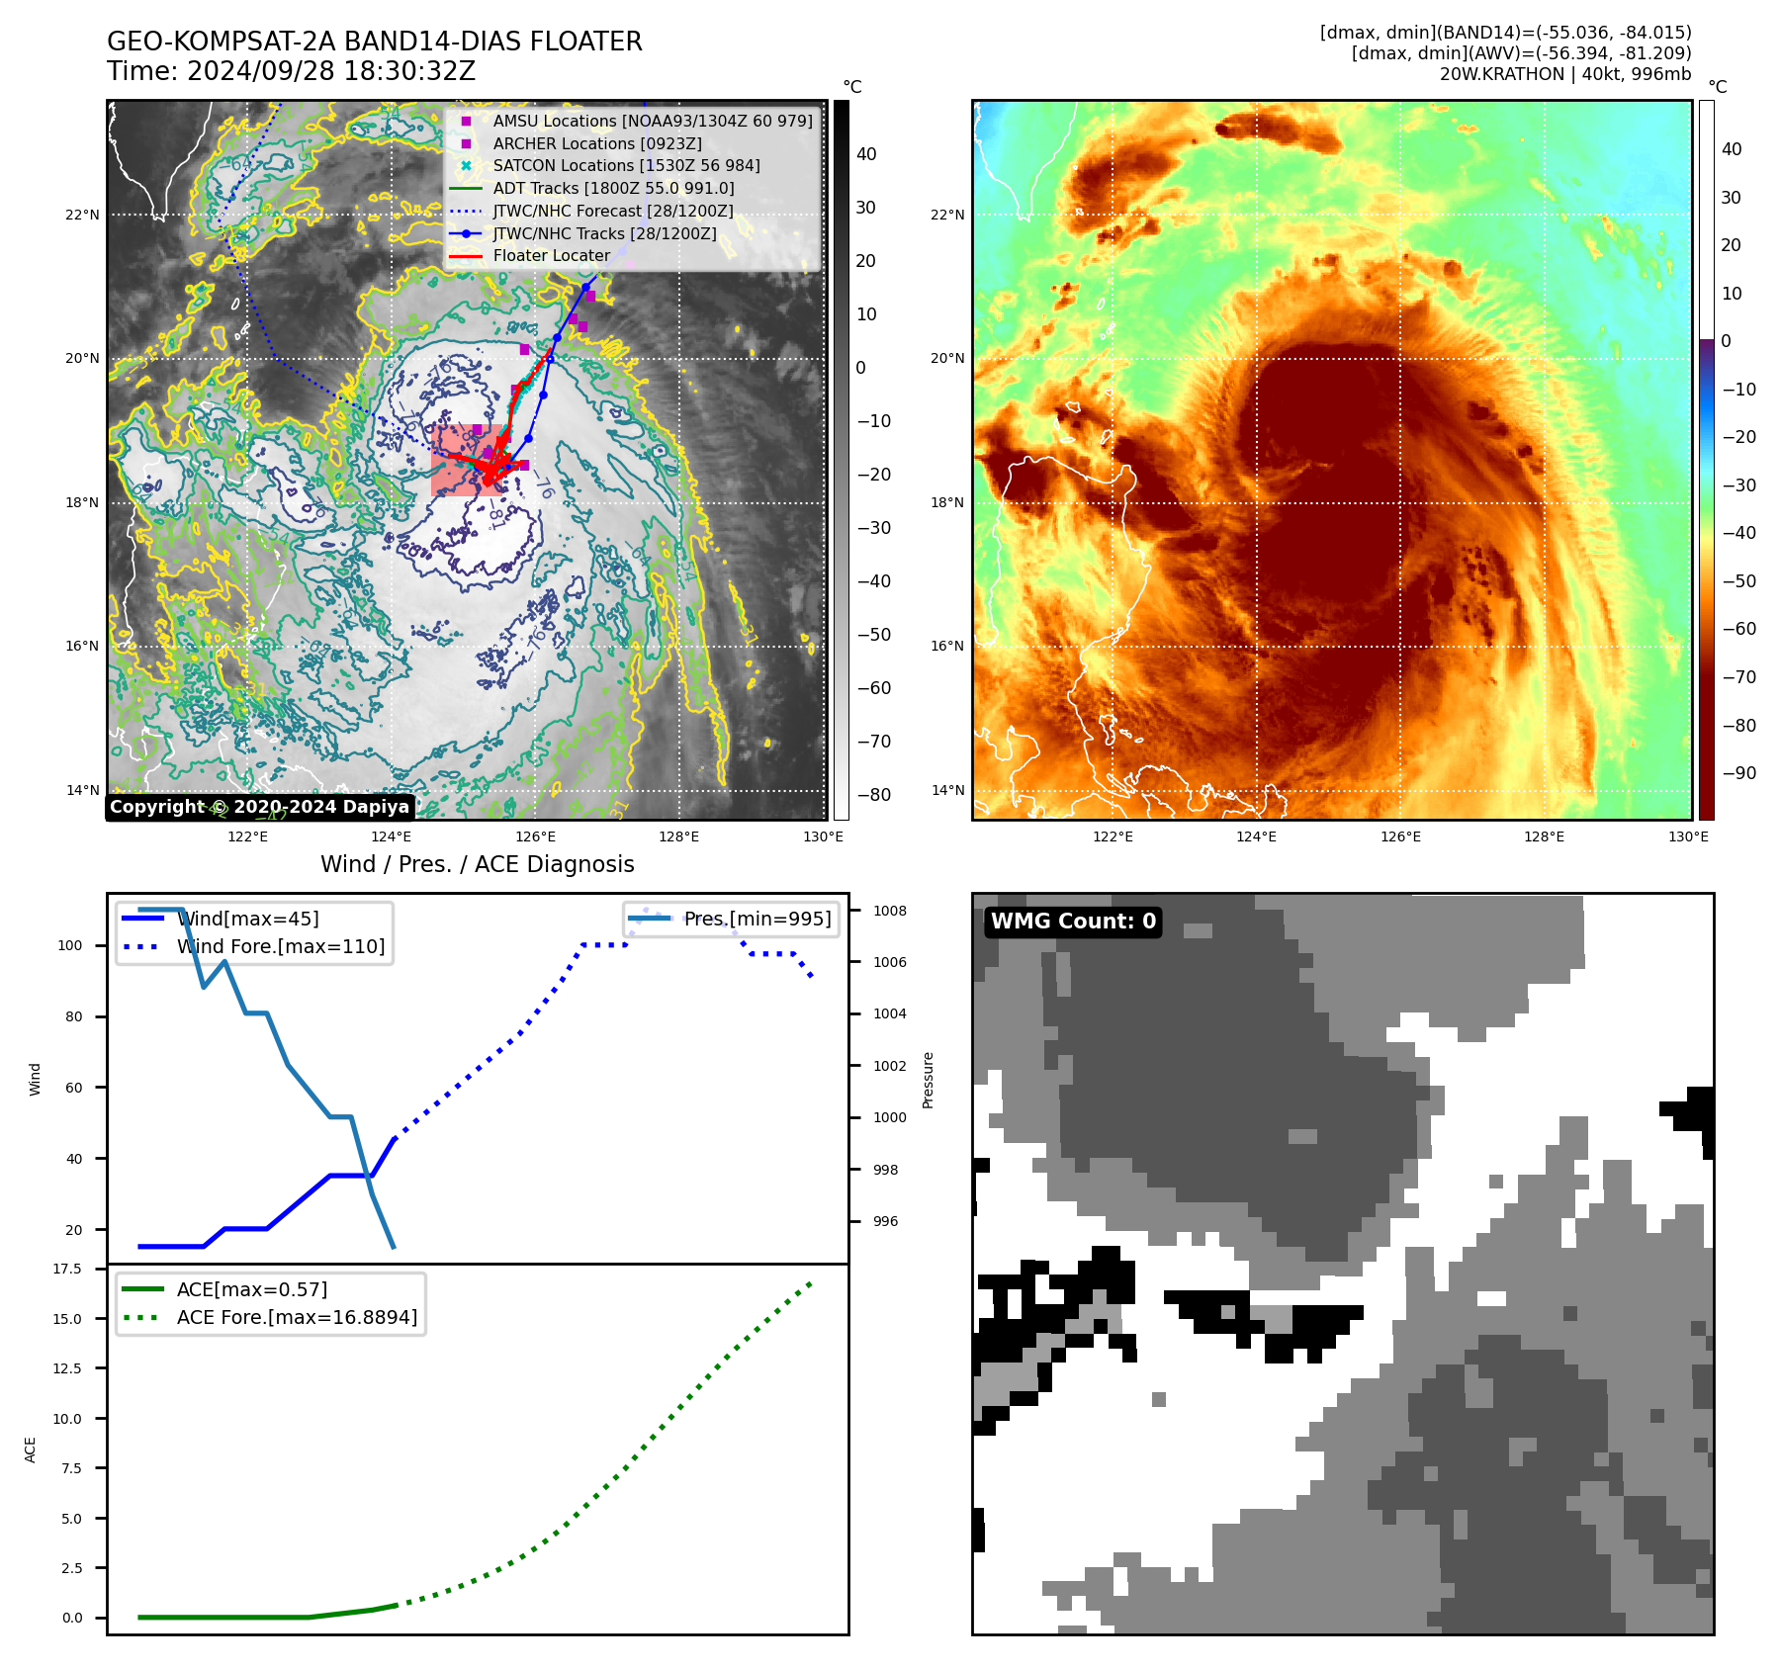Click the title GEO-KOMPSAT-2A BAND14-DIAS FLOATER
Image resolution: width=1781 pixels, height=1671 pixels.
point(374,42)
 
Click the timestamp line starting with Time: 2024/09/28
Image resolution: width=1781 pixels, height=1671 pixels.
point(291,71)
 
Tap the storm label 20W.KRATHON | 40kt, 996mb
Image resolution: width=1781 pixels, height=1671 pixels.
point(1564,74)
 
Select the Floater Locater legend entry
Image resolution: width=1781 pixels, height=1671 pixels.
point(551,255)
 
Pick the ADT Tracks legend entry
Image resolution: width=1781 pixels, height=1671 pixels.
point(613,188)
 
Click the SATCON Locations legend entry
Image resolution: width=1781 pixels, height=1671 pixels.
point(626,165)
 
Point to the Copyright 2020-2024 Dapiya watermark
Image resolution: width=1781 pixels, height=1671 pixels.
point(259,807)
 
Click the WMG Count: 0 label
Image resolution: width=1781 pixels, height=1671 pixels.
point(1073,922)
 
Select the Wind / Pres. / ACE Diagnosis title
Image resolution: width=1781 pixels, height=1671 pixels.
point(477,864)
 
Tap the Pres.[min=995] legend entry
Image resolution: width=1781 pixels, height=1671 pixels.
point(757,919)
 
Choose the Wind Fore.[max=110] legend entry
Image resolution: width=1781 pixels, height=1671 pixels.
point(281,946)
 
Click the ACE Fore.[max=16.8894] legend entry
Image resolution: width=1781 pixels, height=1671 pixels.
point(297,1317)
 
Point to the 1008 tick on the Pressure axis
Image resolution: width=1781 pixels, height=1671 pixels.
point(889,911)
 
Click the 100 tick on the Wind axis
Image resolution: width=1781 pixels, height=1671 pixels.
point(70,945)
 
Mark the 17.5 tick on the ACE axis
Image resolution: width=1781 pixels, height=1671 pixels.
point(67,1269)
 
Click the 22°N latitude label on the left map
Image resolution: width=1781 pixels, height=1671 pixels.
point(83,215)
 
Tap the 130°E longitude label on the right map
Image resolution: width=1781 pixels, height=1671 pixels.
point(1688,836)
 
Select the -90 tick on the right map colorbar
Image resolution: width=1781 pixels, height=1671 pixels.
point(1738,773)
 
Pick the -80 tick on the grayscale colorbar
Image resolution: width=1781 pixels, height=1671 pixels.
point(873,795)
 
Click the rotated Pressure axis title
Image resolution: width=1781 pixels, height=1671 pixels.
point(928,1080)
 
